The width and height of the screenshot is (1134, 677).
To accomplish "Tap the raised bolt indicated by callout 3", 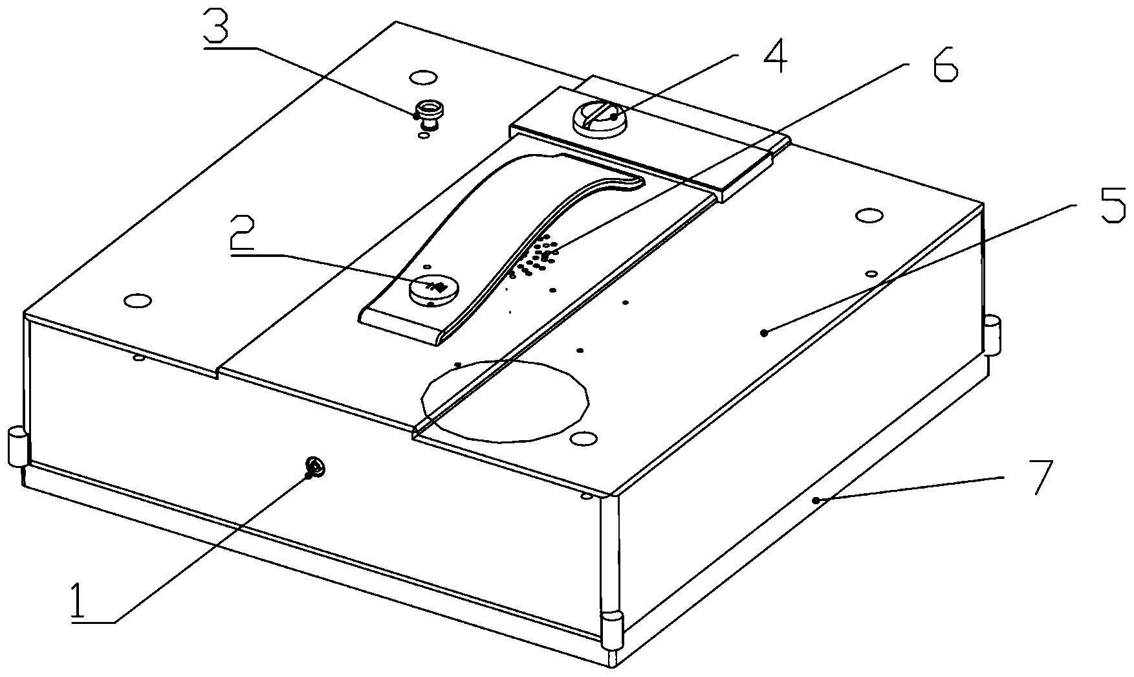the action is [428, 114].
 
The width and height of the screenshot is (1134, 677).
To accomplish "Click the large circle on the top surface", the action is [505, 401].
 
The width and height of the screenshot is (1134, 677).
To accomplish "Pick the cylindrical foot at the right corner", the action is [992, 335].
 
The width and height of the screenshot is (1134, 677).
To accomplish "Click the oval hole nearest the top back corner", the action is [423, 78].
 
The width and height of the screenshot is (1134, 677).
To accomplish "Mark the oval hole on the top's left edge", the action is [136, 300].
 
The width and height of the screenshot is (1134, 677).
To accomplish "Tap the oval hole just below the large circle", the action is [583, 440].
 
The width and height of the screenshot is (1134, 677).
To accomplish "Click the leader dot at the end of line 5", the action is [764, 333].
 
